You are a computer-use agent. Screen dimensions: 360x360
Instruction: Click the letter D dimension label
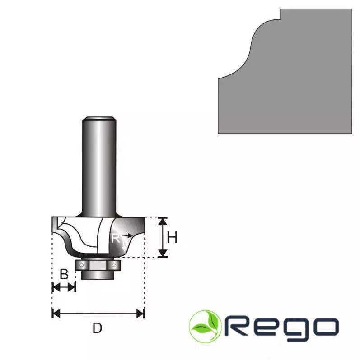[x=97, y=328]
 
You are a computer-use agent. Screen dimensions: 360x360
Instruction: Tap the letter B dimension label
[x=64, y=274]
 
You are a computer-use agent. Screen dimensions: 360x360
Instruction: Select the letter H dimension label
[x=172, y=237]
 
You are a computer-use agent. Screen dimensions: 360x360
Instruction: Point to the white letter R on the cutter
[x=116, y=238]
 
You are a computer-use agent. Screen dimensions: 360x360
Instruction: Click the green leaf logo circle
[x=205, y=326]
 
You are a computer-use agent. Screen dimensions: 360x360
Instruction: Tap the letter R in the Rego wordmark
[x=239, y=327]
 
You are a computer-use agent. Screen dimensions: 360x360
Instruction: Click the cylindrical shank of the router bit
[x=99, y=166]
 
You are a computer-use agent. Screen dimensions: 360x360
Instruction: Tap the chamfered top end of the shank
[x=99, y=119]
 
